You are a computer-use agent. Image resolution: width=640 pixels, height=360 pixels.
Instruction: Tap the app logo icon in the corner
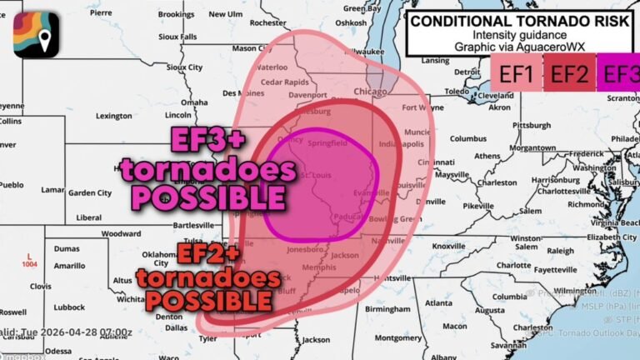(x=36, y=35)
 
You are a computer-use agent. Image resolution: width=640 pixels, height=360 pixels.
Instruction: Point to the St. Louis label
(x=317, y=176)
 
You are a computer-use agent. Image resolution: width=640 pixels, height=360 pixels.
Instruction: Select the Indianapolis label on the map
(x=395, y=143)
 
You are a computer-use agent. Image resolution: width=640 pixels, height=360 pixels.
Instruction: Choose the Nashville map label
(x=387, y=240)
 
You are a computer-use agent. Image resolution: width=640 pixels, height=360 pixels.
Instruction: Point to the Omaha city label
(x=194, y=102)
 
